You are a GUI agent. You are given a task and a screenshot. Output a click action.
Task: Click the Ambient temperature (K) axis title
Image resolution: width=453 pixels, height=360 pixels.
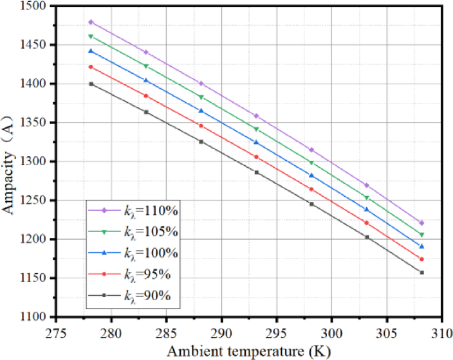click(248, 350)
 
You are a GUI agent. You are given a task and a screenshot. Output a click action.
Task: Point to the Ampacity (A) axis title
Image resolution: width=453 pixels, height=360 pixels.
click(11, 161)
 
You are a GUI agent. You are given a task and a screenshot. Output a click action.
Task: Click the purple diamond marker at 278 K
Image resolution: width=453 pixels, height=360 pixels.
click(91, 22)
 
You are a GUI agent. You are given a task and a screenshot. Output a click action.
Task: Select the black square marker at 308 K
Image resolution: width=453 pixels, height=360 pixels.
click(422, 273)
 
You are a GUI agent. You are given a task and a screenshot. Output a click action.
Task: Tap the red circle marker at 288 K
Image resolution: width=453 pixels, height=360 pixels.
click(201, 126)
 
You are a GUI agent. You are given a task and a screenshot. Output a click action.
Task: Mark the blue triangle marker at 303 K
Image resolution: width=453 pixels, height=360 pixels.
click(367, 210)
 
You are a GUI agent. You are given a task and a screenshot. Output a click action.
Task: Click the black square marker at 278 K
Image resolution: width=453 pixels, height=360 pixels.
click(91, 84)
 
